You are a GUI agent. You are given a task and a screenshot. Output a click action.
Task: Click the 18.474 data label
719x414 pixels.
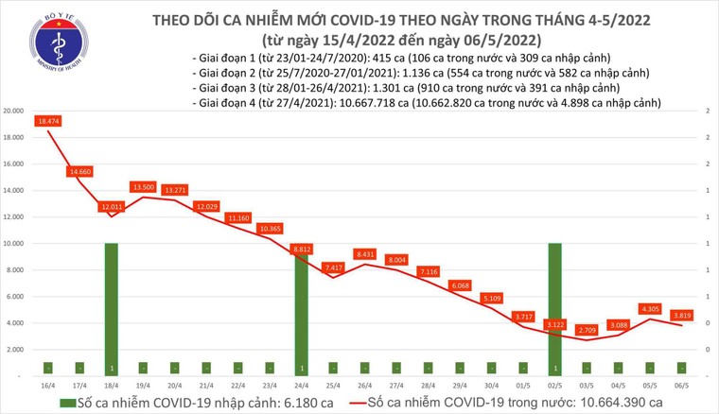(48, 122)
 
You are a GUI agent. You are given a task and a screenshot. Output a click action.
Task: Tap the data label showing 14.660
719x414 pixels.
(79, 171)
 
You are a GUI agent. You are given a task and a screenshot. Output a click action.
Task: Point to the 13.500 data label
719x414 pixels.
(143, 187)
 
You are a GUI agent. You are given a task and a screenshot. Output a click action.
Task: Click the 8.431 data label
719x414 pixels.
(365, 254)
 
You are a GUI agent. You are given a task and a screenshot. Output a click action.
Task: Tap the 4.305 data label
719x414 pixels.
(650, 308)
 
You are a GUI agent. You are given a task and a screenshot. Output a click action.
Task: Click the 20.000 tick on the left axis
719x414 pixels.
(13, 112)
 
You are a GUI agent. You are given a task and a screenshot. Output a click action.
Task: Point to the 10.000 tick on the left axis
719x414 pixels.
(13, 244)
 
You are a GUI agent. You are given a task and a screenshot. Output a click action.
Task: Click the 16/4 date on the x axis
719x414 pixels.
(47, 386)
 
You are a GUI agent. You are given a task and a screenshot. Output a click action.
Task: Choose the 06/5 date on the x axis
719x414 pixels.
(681, 386)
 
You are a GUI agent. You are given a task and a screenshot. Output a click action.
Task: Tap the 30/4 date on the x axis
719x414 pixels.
(491, 386)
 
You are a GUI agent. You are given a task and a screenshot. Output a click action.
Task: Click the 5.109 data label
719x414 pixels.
(492, 299)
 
